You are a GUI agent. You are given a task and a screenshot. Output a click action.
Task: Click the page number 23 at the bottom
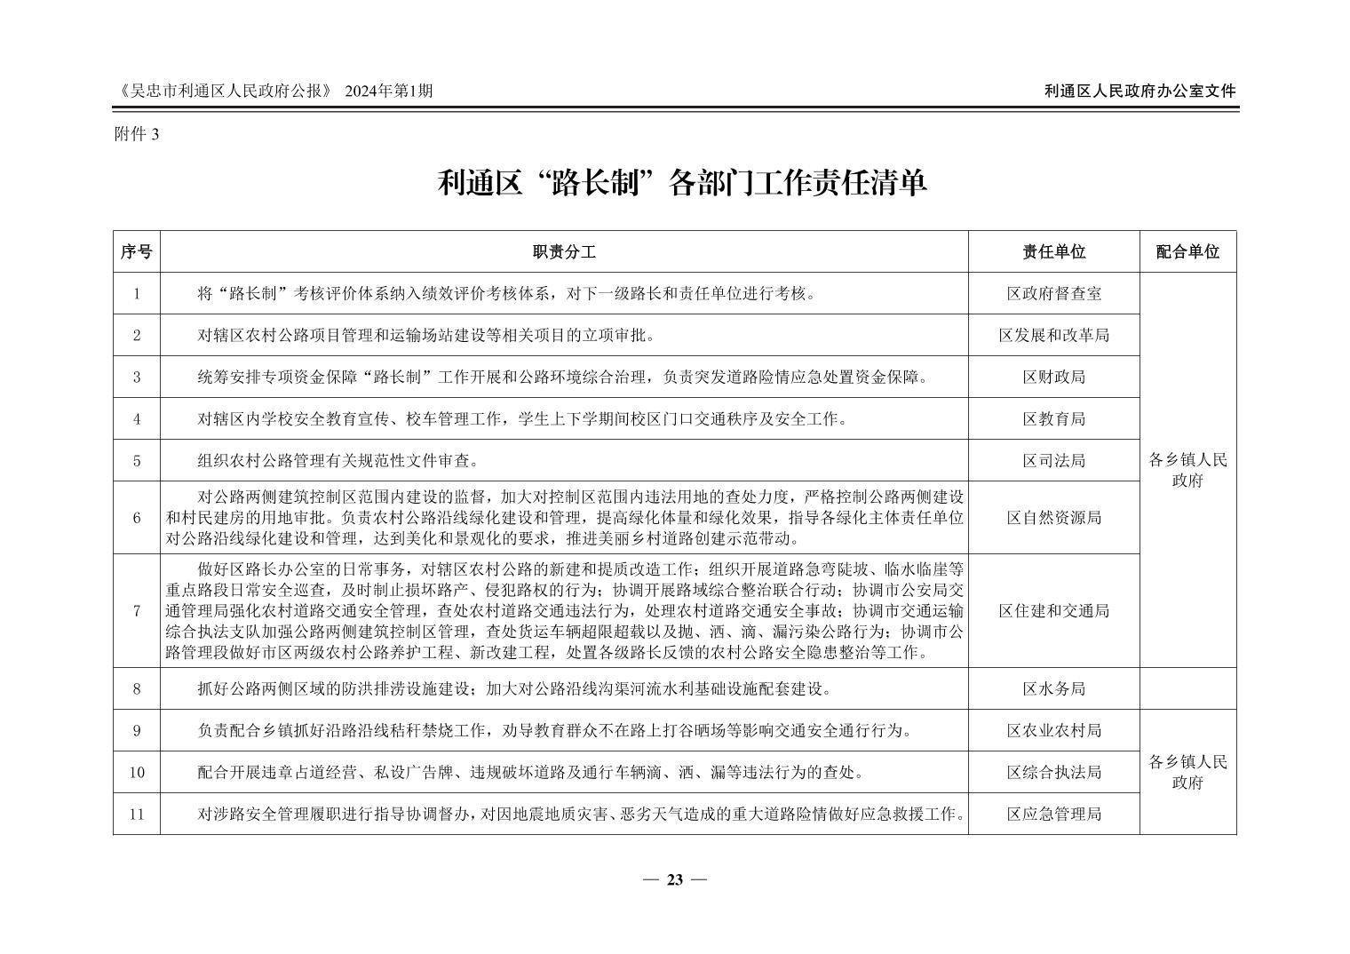point(674,879)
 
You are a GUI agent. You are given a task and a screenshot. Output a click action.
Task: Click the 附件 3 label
point(136,133)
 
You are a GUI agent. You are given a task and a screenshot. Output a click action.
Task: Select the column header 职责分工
point(564,252)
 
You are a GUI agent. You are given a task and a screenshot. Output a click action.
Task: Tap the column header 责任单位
point(1053,252)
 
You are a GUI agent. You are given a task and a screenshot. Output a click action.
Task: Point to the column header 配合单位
point(1187,252)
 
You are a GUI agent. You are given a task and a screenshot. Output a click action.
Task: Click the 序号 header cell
point(137,252)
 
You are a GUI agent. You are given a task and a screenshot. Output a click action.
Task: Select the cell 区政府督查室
point(1053,293)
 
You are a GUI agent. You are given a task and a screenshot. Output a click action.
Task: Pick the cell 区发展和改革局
point(1053,335)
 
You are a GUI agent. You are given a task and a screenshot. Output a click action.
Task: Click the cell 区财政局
point(1053,377)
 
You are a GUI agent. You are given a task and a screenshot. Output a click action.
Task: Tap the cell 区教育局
point(1053,418)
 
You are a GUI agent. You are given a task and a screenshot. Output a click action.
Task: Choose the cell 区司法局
point(1053,460)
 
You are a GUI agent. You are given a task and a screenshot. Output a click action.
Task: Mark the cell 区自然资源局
point(1053,517)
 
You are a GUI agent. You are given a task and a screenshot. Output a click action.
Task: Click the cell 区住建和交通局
point(1053,610)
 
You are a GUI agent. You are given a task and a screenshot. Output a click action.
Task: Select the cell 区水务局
point(1053,688)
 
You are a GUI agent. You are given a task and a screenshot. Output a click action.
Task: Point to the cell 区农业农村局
point(1053,730)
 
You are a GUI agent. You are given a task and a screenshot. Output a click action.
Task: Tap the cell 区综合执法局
point(1053,772)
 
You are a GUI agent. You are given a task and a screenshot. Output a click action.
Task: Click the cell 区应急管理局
point(1053,814)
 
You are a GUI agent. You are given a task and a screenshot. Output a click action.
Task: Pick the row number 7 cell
point(137,610)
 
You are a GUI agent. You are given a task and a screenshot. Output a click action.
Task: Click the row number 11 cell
point(137,814)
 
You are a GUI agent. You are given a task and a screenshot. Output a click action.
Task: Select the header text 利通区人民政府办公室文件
point(1140,91)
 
